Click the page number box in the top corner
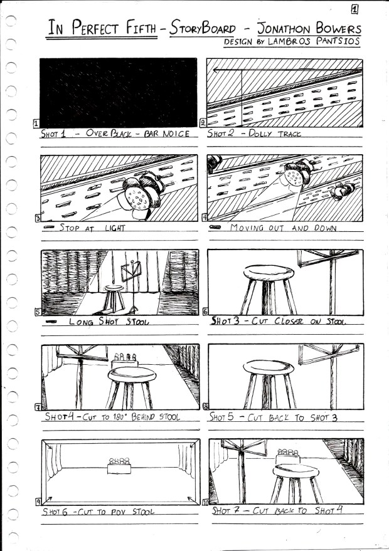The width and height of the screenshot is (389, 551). tap(354, 9)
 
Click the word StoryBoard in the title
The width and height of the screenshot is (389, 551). tap(202, 28)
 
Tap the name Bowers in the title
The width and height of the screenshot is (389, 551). tap(338, 28)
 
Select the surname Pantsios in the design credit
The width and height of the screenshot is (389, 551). tap(338, 41)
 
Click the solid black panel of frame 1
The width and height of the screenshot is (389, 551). tap(118, 92)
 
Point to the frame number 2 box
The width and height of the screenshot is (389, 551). tap(203, 123)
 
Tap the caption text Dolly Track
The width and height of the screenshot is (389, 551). tap(275, 134)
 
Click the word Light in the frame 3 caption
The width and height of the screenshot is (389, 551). tap(115, 228)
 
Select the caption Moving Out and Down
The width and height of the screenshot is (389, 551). tap(283, 228)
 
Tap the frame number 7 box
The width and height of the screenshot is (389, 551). tap(38, 407)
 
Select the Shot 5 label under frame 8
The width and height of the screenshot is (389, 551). tap(221, 417)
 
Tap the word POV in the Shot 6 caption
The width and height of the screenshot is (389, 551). tap(118, 512)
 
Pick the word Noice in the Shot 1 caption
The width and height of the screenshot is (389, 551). tap(176, 134)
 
